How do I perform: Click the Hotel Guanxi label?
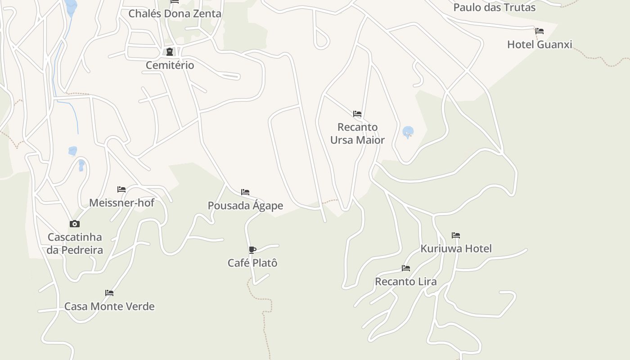pos(540,45)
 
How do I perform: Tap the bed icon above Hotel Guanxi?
pos(540,31)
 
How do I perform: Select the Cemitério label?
pos(170,65)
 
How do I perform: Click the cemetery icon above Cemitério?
pos(170,52)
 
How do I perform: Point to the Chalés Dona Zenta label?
pos(175,13)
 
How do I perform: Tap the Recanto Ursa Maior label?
pos(357,134)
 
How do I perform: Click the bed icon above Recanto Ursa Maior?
pos(357,113)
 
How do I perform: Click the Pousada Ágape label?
pos(245,206)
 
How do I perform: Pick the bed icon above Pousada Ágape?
pos(245,192)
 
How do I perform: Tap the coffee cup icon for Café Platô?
pos(252,250)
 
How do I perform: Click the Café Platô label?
pos(252,263)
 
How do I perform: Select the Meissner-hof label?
pos(121,203)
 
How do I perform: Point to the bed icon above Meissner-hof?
pos(121,189)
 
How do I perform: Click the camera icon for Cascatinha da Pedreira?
pos(75,224)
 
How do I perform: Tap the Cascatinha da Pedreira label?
pos(75,243)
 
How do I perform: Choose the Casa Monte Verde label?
pos(109,306)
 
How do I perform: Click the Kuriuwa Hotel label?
pos(456,248)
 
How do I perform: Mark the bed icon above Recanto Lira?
pos(406,268)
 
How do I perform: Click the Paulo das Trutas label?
pos(494,8)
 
